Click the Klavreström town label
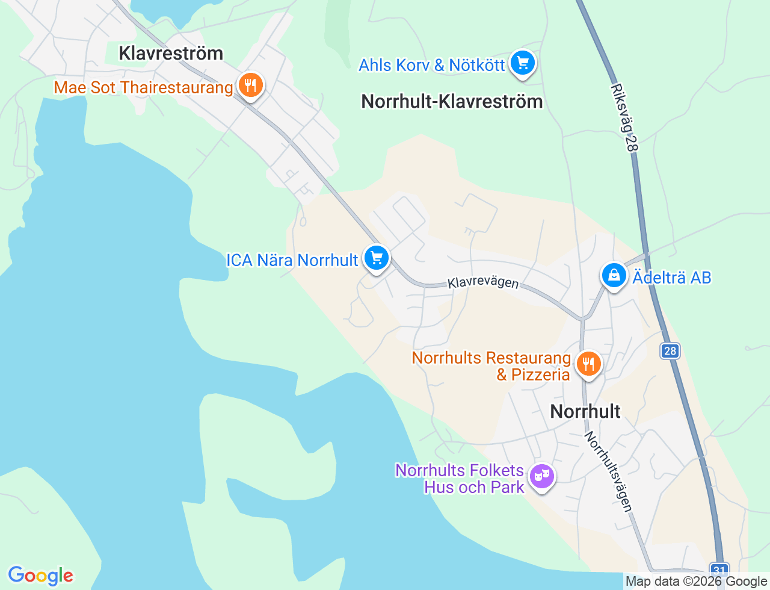click(x=171, y=53)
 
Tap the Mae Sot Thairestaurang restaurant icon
click(x=250, y=85)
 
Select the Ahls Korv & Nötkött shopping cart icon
click(x=522, y=63)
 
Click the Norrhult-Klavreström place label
click(x=452, y=101)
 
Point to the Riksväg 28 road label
click(x=624, y=117)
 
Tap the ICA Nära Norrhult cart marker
click(x=377, y=258)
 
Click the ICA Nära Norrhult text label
click(x=292, y=260)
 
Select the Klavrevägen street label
click(x=483, y=282)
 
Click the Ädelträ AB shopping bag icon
click(x=614, y=276)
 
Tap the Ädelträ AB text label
click(x=672, y=278)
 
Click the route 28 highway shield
click(x=670, y=351)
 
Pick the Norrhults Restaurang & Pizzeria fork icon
click(x=588, y=364)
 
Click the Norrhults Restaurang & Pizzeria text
click(x=491, y=366)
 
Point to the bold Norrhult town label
click(x=585, y=411)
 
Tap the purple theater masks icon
click(x=542, y=476)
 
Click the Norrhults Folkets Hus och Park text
click(x=460, y=479)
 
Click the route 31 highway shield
click(x=719, y=570)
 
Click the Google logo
click(x=40, y=576)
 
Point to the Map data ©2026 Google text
click(x=696, y=582)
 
